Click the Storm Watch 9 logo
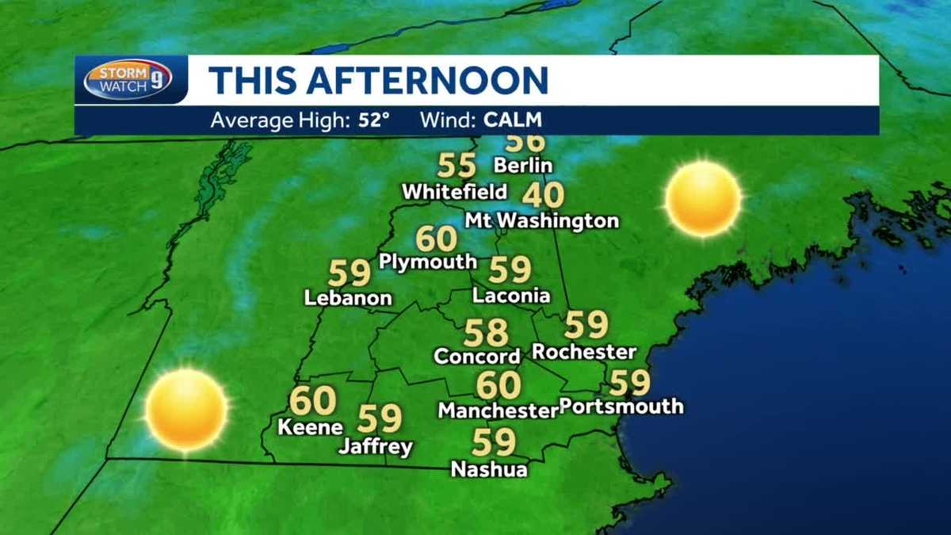128,79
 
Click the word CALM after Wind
513,121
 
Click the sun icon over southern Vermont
186,410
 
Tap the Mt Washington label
542,220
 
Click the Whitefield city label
454,192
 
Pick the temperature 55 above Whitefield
457,166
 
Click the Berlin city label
522,166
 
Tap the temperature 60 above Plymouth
437,239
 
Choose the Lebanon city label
349,298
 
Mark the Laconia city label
511,296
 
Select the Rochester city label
584,351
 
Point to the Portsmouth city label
621,407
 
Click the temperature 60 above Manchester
498,385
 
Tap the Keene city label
310,426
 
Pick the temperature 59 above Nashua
494,442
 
